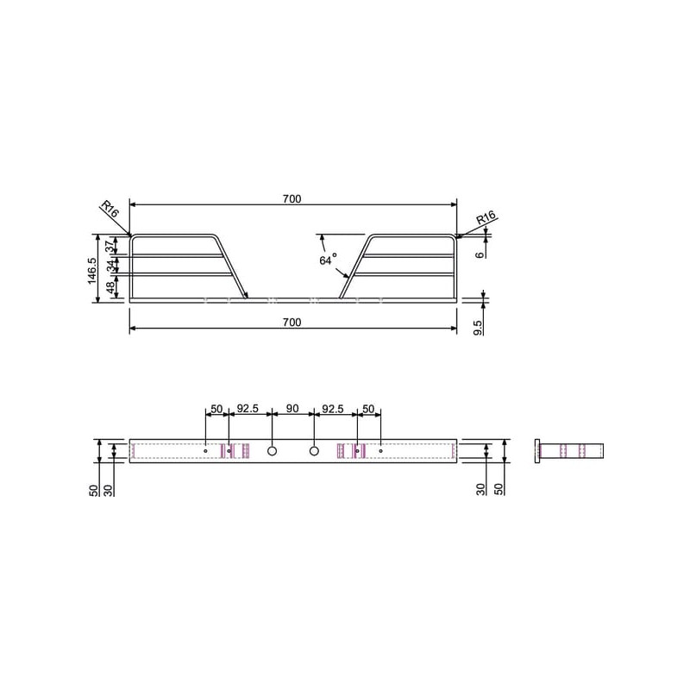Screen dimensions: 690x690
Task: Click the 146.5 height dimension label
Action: [92, 271]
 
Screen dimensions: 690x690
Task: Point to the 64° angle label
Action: [328, 260]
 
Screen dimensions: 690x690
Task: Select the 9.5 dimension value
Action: [479, 328]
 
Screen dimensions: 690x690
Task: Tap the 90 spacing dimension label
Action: [292, 408]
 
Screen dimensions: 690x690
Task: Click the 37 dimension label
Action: [110, 246]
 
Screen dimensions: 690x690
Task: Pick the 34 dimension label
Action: [110, 265]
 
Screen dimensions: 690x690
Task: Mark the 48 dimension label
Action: [111, 287]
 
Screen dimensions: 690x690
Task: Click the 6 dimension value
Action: [480, 254]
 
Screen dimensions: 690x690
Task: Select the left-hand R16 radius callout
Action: [110, 209]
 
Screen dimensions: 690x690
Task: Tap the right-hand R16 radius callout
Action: [486, 218]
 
